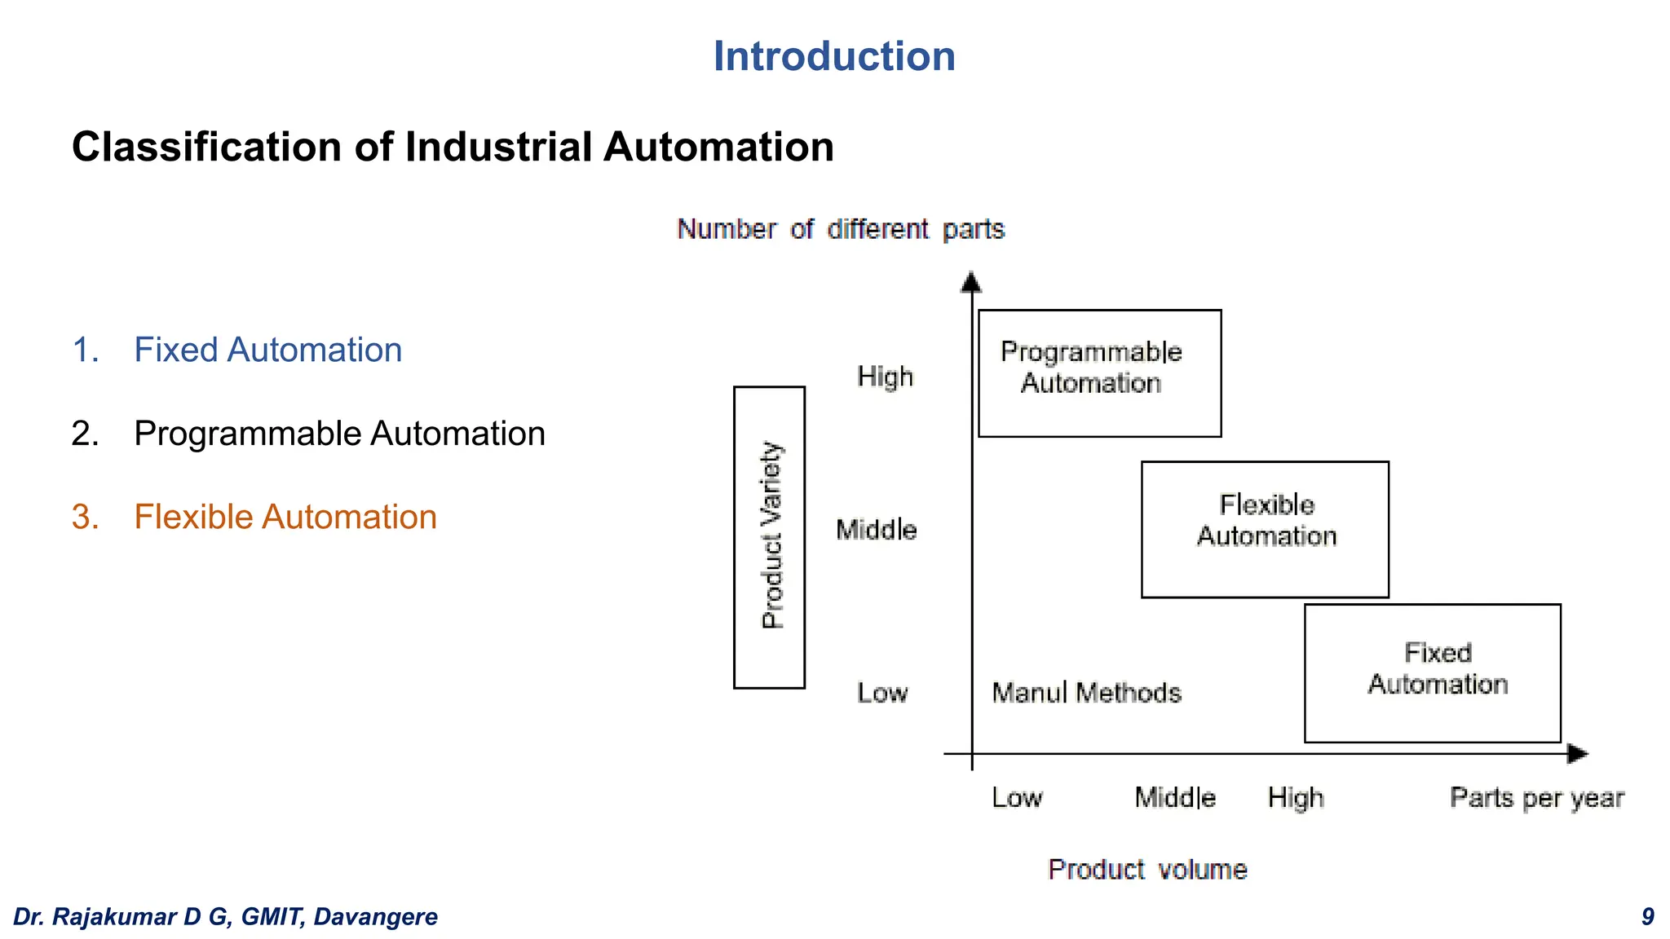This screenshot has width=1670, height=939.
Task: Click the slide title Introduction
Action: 833,56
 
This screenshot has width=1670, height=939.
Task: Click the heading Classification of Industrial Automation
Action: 453,148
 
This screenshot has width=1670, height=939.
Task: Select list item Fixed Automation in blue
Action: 267,350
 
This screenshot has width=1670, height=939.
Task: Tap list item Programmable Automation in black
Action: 339,434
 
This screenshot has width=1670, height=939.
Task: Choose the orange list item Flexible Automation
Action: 285,517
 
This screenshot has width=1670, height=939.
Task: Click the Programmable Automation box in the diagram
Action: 1099,373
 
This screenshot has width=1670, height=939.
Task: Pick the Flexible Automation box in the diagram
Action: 1265,529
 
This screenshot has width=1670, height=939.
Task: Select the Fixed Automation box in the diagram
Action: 1432,672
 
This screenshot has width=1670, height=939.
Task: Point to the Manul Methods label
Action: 1086,693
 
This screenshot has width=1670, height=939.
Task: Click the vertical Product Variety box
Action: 769,537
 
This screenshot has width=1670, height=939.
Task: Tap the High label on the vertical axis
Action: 885,377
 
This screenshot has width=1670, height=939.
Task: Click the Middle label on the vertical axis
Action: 876,530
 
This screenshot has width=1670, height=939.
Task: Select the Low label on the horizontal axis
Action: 1016,797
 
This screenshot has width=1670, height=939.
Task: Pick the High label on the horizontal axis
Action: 1295,797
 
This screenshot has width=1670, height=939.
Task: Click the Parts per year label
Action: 1536,797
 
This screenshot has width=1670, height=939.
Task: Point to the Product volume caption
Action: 1147,870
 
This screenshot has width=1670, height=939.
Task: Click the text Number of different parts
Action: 841,229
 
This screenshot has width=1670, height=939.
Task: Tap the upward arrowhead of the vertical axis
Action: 970,282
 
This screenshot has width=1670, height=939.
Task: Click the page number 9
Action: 1647,917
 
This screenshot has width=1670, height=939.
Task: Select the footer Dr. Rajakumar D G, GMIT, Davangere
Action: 226,917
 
